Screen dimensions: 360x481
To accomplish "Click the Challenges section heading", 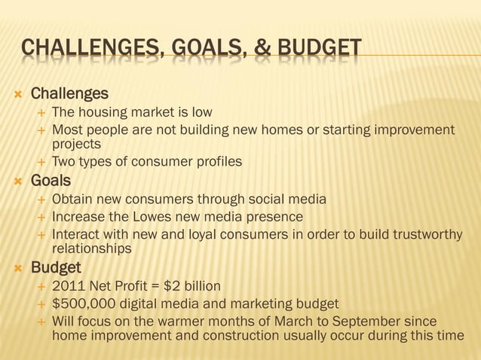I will point(69,94).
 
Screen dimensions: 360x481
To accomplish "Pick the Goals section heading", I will point(51,181).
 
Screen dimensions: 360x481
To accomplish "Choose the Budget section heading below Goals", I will point(56,267).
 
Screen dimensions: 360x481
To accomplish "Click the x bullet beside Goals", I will point(15,182).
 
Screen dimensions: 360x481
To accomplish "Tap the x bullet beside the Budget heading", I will point(15,268).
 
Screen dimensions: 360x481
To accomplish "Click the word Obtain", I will point(72,200).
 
